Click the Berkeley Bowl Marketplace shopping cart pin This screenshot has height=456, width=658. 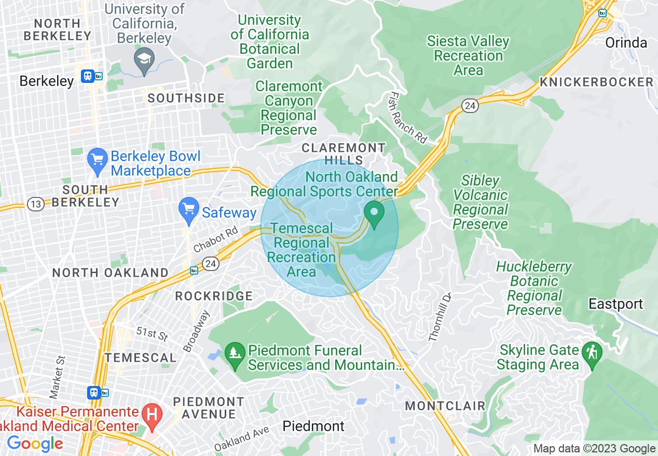pos(97,162)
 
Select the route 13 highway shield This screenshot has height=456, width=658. pos(36,204)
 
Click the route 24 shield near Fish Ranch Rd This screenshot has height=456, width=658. pos(470,106)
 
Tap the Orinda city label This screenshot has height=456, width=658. pos(626,42)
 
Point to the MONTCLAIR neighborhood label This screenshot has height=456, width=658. pos(445,406)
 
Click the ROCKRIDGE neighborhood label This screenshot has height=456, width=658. pos(214,296)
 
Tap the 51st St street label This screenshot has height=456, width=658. pos(152,333)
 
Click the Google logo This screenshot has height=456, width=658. pos(35,444)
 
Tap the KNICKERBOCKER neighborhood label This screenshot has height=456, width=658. pos(596,82)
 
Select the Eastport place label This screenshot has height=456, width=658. pos(615,304)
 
